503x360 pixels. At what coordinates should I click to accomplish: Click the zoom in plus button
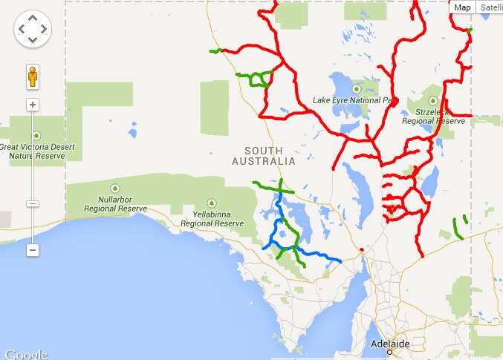click(33, 105)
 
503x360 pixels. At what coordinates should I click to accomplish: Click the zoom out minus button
click(33, 250)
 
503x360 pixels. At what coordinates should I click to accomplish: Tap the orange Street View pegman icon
click(33, 76)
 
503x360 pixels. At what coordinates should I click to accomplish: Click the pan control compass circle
click(33, 30)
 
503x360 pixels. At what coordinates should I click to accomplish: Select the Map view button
click(462, 7)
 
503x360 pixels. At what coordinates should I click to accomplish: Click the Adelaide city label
click(389, 344)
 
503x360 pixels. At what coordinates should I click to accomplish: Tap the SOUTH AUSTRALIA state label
click(264, 156)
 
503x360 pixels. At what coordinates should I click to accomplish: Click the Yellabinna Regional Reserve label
click(212, 219)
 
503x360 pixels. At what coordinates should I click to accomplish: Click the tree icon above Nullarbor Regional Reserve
click(114, 188)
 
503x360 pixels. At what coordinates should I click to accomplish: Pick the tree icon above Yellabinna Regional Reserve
click(212, 203)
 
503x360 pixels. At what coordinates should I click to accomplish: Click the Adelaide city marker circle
click(389, 353)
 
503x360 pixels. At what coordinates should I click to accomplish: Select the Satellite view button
click(490, 7)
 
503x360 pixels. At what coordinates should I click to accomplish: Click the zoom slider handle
click(33, 203)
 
